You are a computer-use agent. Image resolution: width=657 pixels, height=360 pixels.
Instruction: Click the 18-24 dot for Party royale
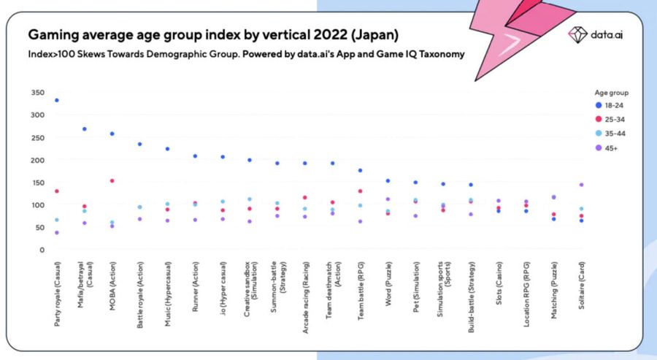[x=57, y=100]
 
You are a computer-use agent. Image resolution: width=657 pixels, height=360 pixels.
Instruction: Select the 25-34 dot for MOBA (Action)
[x=112, y=180]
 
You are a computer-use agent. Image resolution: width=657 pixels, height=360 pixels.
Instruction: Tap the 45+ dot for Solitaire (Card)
[x=581, y=185]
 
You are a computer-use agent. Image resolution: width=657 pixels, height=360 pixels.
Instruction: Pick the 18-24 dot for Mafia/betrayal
[x=85, y=129]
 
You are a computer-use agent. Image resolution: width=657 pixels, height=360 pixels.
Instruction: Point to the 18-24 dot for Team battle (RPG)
[x=360, y=170]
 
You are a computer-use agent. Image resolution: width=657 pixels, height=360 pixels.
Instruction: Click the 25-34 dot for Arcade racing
[x=304, y=197]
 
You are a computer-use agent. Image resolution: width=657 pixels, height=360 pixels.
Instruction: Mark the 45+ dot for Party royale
[x=57, y=232]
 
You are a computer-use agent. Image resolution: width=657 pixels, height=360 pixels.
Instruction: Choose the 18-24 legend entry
[x=603, y=106]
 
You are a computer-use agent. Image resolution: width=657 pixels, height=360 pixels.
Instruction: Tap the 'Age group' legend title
[x=612, y=93]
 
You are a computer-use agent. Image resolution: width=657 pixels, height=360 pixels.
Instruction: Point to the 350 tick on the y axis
[x=38, y=93]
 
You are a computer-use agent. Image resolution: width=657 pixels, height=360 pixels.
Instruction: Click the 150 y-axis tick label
[x=38, y=183]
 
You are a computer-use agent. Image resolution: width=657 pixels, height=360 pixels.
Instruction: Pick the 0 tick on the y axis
[x=42, y=250]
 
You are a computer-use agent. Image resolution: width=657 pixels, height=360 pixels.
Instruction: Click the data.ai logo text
[x=607, y=34]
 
